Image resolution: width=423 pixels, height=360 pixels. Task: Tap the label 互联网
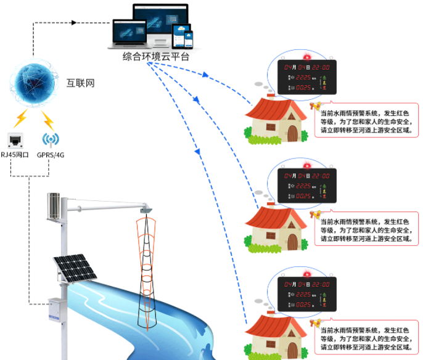(x=81, y=83)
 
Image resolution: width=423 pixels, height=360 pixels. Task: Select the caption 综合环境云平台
(x=155, y=57)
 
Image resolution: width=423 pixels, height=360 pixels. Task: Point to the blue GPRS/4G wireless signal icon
(x=51, y=139)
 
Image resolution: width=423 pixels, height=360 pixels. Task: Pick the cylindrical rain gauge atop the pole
(x=54, y=205)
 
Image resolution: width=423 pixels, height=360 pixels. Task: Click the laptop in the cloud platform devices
(x=127, y=35)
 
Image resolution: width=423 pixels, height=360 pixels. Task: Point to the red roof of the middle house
(x=276, y=218)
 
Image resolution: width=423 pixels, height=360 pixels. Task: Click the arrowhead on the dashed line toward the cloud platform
(x=74, y=23)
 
